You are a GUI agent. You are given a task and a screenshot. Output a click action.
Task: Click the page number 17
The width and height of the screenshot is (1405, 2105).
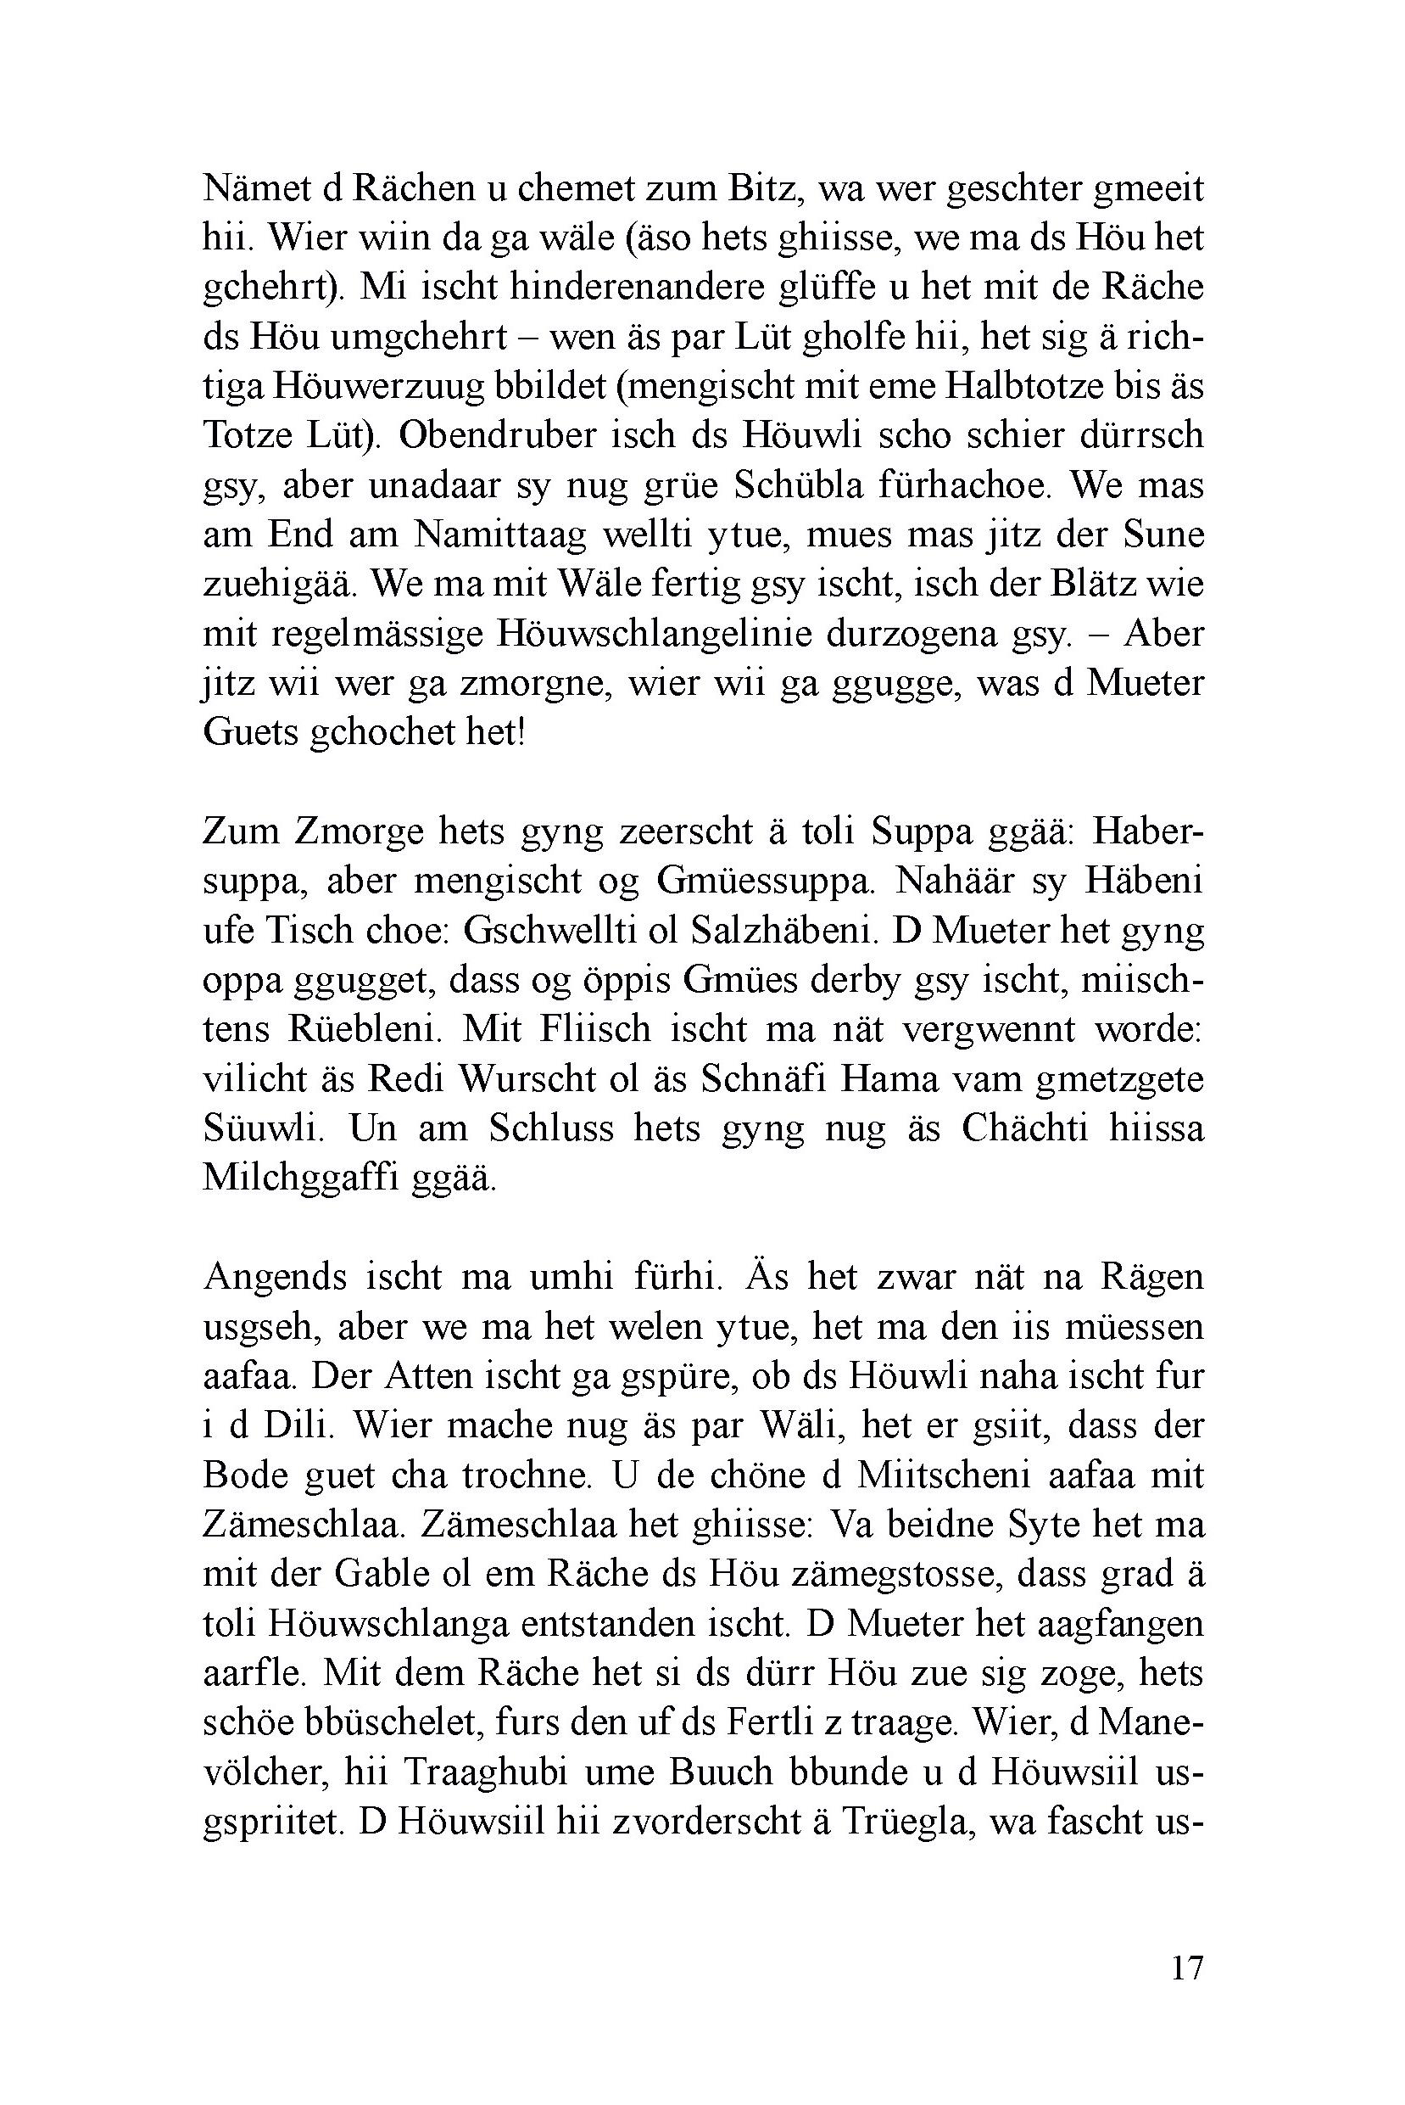[1185, 1968]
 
